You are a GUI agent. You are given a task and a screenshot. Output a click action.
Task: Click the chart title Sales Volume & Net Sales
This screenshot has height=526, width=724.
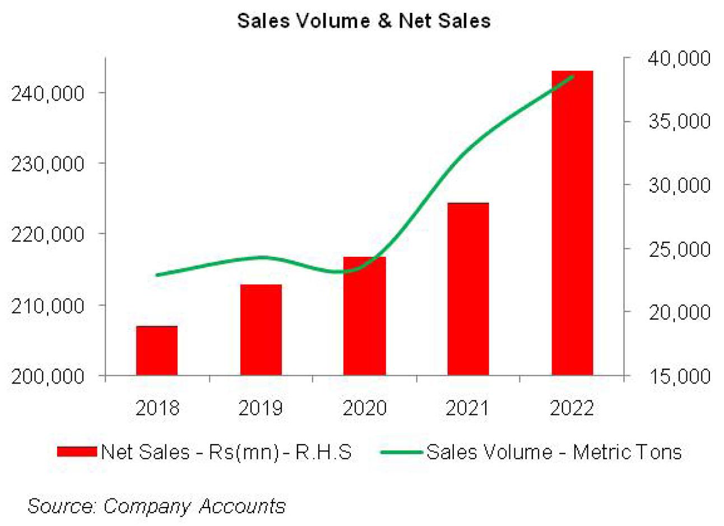[364, 21]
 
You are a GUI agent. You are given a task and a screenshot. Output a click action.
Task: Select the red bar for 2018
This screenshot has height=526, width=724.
[157, 350]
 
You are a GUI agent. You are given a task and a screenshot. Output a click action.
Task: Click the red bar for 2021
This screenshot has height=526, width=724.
[468, 289]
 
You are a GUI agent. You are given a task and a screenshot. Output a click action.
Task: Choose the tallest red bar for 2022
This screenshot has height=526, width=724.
[572, 224]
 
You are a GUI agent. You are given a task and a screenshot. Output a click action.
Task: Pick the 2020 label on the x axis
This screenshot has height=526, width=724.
[364, 408]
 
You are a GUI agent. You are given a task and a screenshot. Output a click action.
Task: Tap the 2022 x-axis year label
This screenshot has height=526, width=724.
[572, 408]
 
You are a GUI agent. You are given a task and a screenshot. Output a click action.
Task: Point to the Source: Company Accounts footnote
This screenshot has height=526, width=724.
[156, 506]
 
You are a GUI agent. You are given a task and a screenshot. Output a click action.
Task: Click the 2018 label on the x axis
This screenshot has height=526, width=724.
[157, 408]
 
